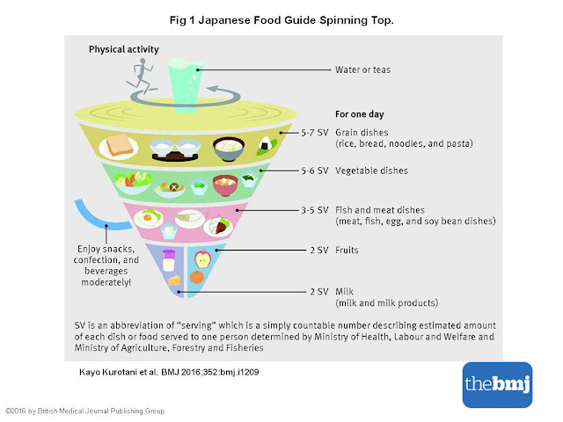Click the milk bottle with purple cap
[169, 258]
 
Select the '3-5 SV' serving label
[312, 210]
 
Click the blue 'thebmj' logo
[497, 384]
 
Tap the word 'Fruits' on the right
[351, 250]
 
